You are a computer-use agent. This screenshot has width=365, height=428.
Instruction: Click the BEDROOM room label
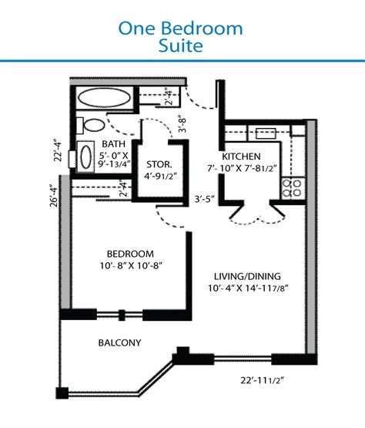coord(130,254)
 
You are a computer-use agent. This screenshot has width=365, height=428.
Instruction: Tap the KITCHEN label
coord(241,157)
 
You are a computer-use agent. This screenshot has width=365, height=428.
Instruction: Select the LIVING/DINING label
coord(247,277)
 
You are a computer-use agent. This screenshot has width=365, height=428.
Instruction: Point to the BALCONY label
coord(119,343)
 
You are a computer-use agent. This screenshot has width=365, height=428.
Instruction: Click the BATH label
coord(114,144)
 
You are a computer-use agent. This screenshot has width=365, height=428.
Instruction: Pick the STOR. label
coord(159,164)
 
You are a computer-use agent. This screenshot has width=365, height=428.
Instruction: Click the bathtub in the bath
coord(104,97)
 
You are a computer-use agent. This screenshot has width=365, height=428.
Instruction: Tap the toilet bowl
coord(94,125)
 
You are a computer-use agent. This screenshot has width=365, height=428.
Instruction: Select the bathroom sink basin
coord(86,157)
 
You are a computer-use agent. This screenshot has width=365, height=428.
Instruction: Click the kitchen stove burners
coord(292,188)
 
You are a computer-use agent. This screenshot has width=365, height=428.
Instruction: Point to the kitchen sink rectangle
coord(266,133)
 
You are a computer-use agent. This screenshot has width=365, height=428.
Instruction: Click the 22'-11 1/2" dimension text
coord(262,380)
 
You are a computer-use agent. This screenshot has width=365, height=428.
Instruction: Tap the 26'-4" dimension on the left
coord(54,197)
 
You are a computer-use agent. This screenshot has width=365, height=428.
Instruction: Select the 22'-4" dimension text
coord(58,152)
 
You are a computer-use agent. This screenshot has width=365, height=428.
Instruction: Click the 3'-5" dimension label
coord(204,199)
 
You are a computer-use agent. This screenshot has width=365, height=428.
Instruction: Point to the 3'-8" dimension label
coord(182,125)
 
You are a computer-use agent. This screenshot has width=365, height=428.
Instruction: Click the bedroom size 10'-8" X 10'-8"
coord(131,265)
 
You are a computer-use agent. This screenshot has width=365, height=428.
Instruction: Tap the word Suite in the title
coord(181,45)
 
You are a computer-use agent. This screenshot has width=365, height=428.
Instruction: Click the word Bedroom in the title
coord(203,28)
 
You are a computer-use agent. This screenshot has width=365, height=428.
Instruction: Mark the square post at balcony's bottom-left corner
coord(62,393)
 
